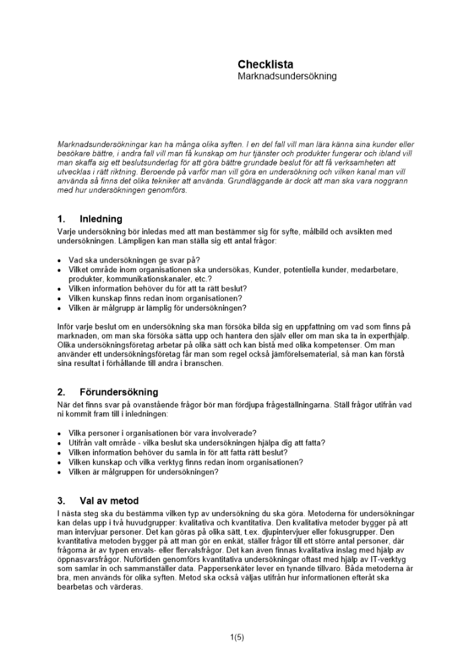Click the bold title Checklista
[x=265, y=64]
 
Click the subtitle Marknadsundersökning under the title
[x=287, y=76]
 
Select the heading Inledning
[x=101, y=218]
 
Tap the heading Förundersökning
[x=118, y=392]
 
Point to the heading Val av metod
[x=109, y=500]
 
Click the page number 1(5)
[x=237, y=637]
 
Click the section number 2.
[x=62, y=392]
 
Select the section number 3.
[x=62, y=500]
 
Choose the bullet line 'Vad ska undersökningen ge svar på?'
[x=134, y=260]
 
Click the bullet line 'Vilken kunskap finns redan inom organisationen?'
[x=155, y=298]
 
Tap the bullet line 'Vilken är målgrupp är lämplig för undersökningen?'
[x=157, y=308]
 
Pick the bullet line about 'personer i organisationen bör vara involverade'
[x=162, y=433]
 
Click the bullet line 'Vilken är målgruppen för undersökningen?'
[x=143, y=472]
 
